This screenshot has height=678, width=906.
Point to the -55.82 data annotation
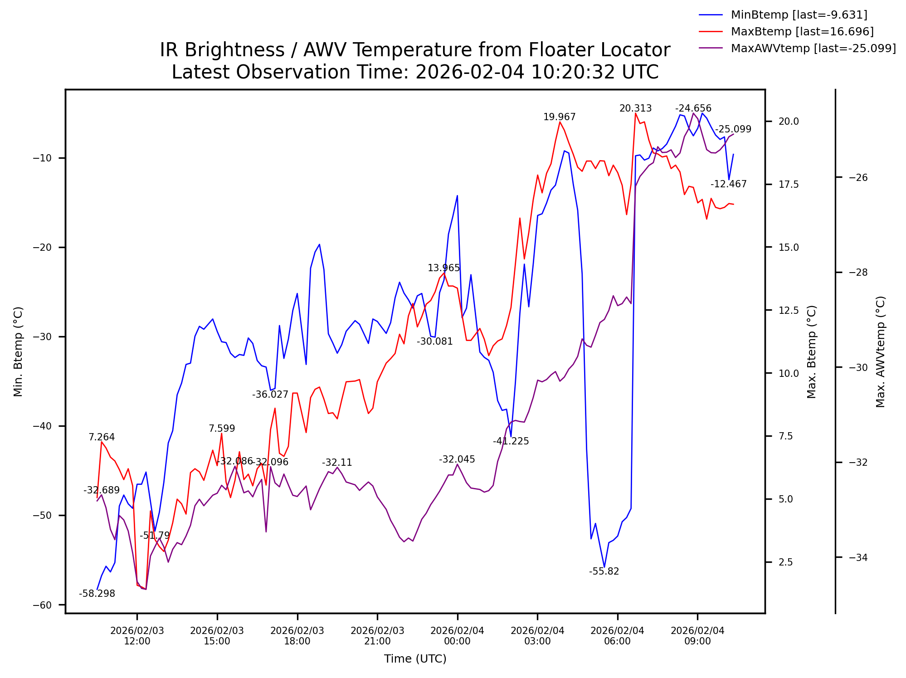(604, 571)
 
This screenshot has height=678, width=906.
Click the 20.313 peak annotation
(635, 108)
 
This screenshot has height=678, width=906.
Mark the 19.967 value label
(559, 117)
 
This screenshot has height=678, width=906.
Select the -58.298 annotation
(97, 594)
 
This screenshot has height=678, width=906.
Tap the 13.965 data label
(443, 268)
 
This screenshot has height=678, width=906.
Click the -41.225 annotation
(511, 441)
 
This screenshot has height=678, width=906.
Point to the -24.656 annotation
(693, 108)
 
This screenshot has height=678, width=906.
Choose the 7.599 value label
(222, 429)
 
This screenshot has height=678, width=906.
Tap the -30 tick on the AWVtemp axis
(858, 367)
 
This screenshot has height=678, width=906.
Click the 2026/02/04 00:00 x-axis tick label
(457, 636)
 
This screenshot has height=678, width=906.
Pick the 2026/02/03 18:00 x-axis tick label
(297, 636)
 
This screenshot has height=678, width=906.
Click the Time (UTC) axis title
(415, 659)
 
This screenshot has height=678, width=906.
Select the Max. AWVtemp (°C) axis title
(880, 352)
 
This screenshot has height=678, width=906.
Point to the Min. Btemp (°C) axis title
(18, 352)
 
